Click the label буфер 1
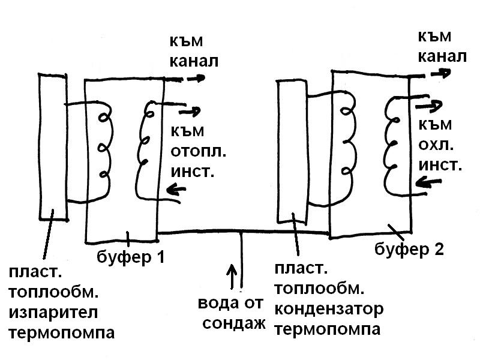[130, 257]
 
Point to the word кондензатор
[329, 309]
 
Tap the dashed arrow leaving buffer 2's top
[431, 74]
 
